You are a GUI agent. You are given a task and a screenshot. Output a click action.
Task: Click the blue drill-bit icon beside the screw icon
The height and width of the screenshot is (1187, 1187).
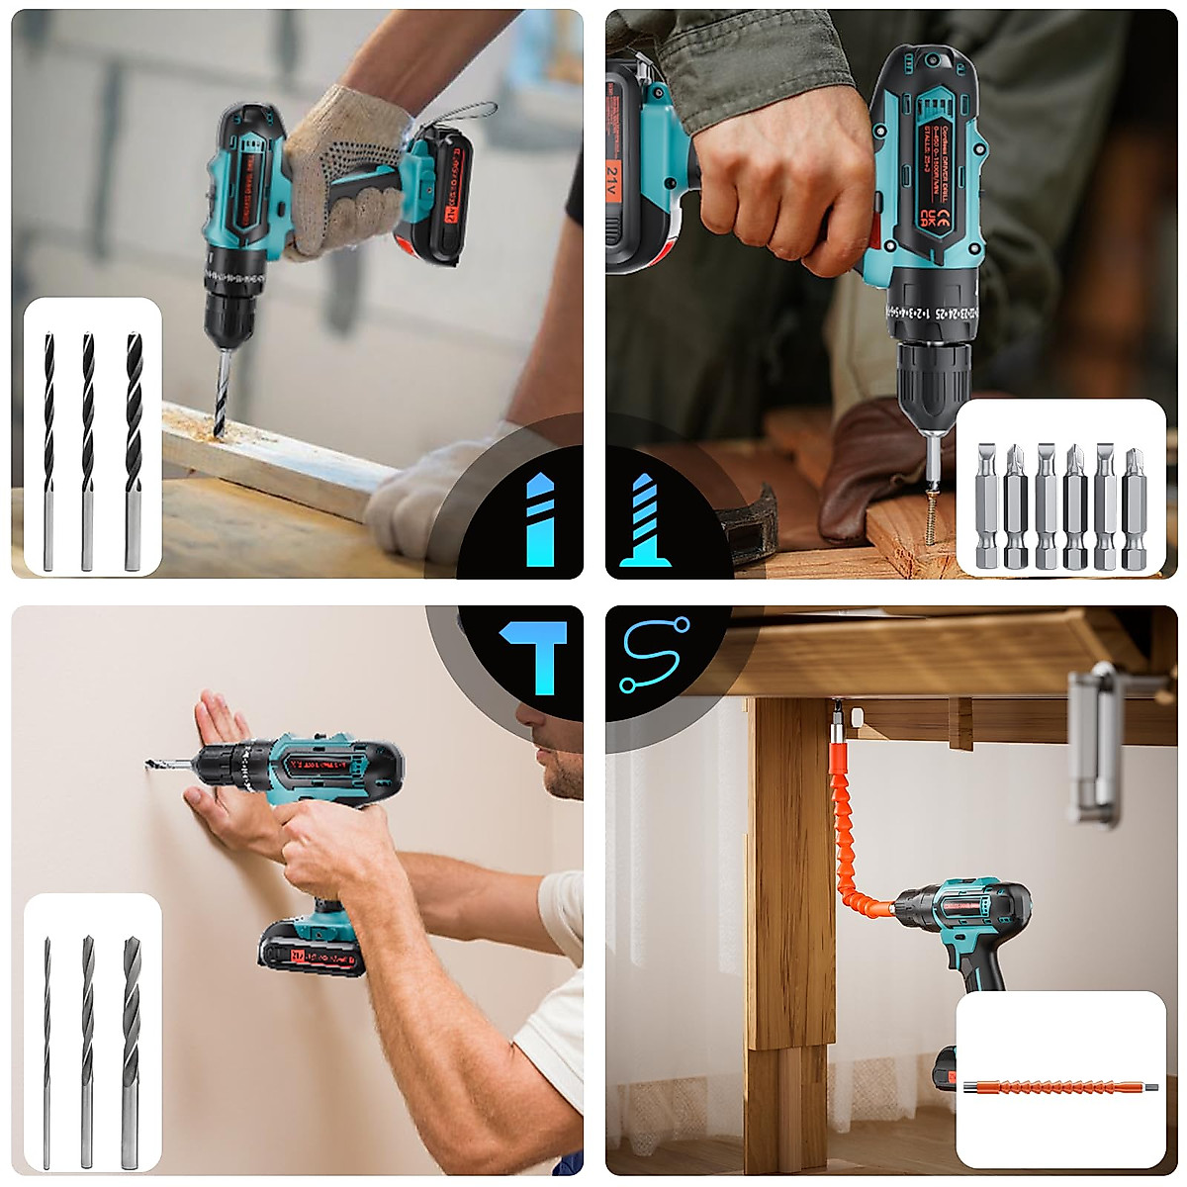click(539, 519)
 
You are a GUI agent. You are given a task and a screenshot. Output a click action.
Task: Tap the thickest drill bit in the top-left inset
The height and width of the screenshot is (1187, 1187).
click(134, 450)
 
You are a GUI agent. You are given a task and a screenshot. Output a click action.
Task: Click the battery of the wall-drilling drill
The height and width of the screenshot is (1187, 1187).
click(311, 950)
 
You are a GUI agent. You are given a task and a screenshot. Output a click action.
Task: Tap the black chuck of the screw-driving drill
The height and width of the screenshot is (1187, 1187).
click(930, 377)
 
